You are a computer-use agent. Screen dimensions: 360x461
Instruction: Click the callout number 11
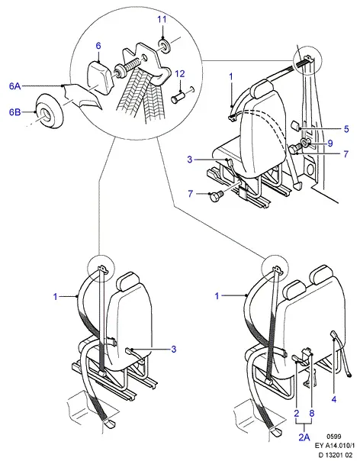[x=162, y=20]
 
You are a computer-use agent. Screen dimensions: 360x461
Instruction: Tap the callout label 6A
[x=14, y=86]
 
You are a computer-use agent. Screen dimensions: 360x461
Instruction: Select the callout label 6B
[x=14, y=112]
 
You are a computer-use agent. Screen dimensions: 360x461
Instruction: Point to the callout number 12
[x=180, y=73]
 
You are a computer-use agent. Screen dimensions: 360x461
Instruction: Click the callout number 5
[x=346, y=129]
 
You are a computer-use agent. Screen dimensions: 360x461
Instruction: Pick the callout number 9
[x=330, y=143]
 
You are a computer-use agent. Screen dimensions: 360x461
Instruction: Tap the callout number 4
[x=334, y=399]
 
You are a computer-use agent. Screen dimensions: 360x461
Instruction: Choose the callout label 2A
[x=304, y=437]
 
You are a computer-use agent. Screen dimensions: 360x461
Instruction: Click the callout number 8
[x=312, y=413]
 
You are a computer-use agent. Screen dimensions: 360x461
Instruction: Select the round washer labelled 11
[x=165, y=44]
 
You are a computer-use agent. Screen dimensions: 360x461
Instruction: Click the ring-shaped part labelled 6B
[x=49, y=111]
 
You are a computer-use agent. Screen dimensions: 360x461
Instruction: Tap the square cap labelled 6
[x=99, y=76]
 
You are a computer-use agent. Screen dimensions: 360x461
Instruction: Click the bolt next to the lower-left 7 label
[x=217, y=196]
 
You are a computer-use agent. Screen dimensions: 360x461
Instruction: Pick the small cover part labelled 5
[x=295, y=125]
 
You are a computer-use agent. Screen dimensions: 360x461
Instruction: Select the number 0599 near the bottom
[x=334, y=437]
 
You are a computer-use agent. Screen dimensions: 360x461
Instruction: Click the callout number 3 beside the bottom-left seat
[x=174, y=349]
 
